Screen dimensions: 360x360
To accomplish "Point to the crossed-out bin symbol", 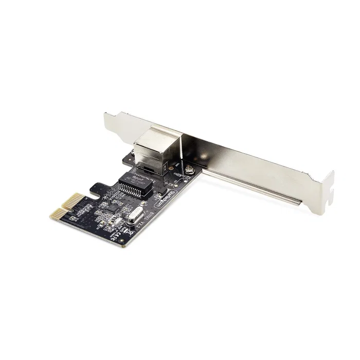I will point(130,232).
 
